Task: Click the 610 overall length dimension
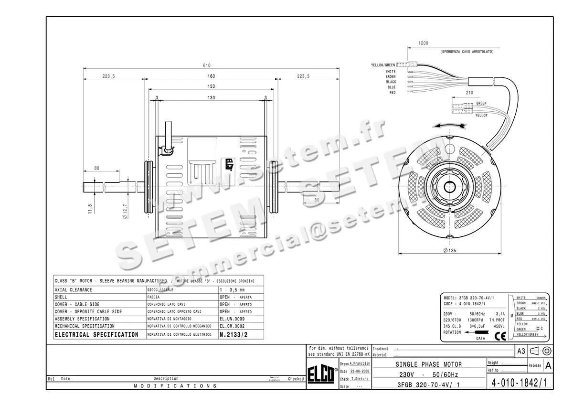[x=207, y=66]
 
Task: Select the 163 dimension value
[x=211, y=76]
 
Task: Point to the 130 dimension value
[x=211, y=97]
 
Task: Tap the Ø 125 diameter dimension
[x=450, y=251]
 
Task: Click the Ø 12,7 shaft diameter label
[x=125, y=211]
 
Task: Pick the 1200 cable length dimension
[x=423, y=43]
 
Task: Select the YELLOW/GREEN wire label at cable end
[x=383, y=65]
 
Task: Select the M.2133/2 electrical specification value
[x=233, y=335]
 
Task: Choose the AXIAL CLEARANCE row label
[x=74, y=290]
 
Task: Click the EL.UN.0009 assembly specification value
[x=232, y=319]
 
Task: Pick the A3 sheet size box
[x=521, y=351]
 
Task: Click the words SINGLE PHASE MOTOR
[x=428, y=364]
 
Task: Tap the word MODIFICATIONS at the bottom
[x=175, y=386]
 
